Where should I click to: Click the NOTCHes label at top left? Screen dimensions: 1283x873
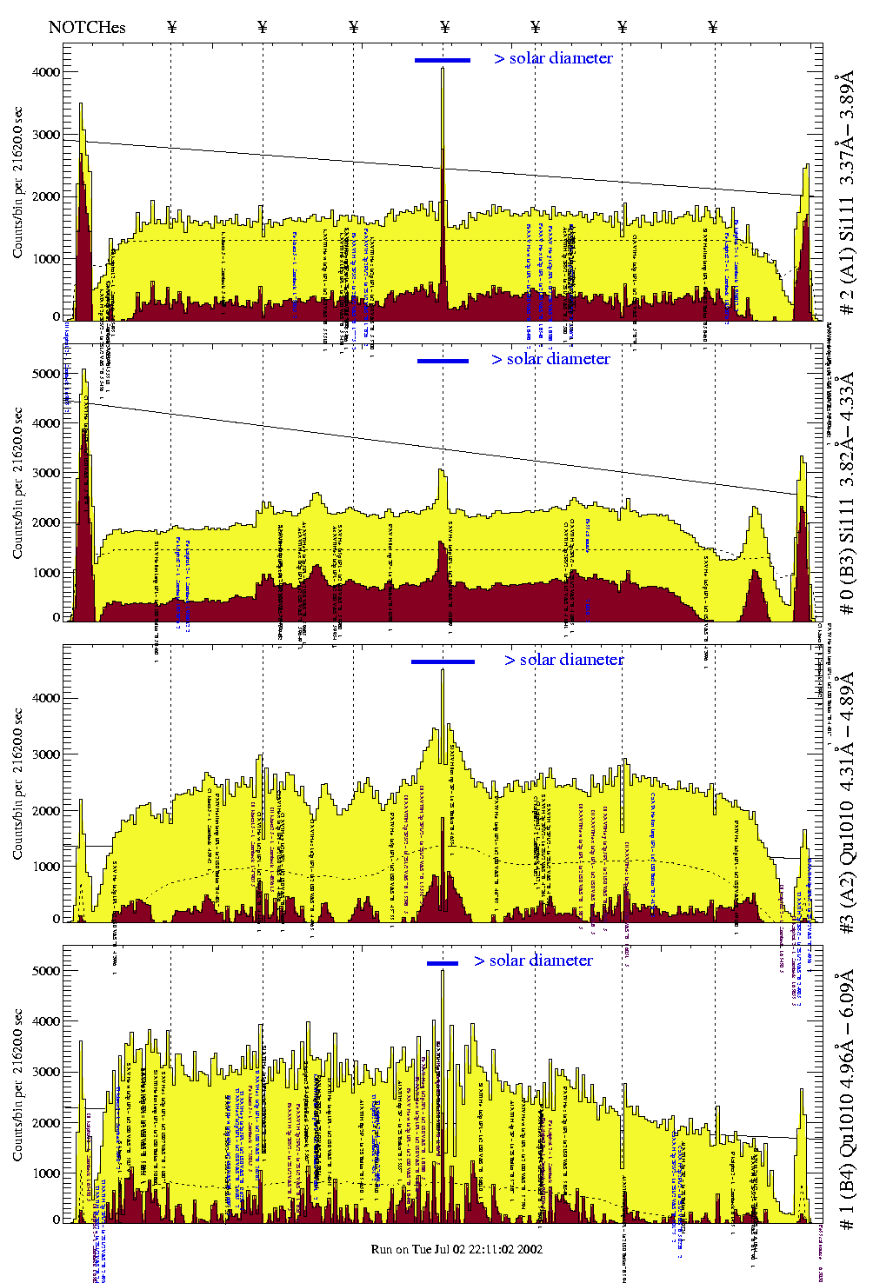(87, 27)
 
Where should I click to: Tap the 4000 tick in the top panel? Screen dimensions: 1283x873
(47, 72)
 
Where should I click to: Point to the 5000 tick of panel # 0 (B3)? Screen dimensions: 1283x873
(47, 374)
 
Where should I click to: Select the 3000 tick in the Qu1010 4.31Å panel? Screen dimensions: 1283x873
(47, 755)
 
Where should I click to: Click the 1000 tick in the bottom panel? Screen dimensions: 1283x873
(47, 1173)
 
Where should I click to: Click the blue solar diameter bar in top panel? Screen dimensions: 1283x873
(443, 60)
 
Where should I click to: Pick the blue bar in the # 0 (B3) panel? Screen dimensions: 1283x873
(443, 361)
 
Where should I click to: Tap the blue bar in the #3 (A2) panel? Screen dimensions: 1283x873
(443, 661)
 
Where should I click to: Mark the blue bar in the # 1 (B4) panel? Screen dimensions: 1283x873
(443, 962)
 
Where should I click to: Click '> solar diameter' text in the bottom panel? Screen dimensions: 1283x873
(534, 961)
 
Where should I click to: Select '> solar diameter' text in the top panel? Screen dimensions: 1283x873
(554, 58)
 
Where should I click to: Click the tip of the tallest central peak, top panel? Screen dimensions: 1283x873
(443, 69)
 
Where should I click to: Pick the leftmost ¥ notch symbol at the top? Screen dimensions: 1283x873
(171, 27)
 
